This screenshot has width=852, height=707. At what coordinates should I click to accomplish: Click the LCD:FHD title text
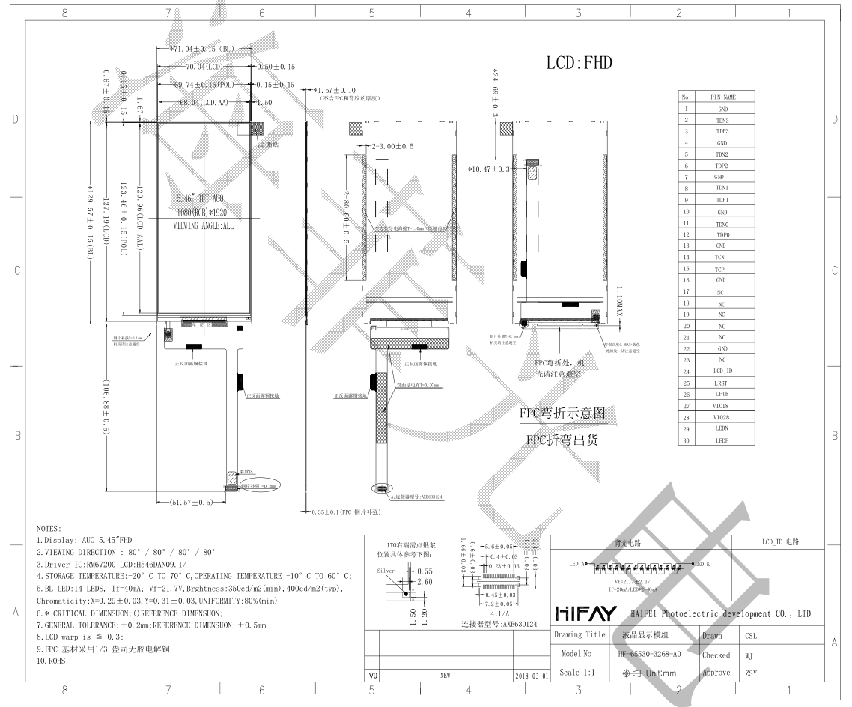coord(579,63)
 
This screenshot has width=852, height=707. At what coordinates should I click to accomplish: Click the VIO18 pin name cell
coord(721,405)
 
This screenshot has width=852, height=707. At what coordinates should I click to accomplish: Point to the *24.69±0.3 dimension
coord(496,94)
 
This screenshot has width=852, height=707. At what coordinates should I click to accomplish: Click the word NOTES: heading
coord(49,529)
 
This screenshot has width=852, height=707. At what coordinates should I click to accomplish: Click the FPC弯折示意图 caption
coord(562,413)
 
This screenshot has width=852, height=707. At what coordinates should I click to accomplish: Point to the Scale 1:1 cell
coord(578,673)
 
